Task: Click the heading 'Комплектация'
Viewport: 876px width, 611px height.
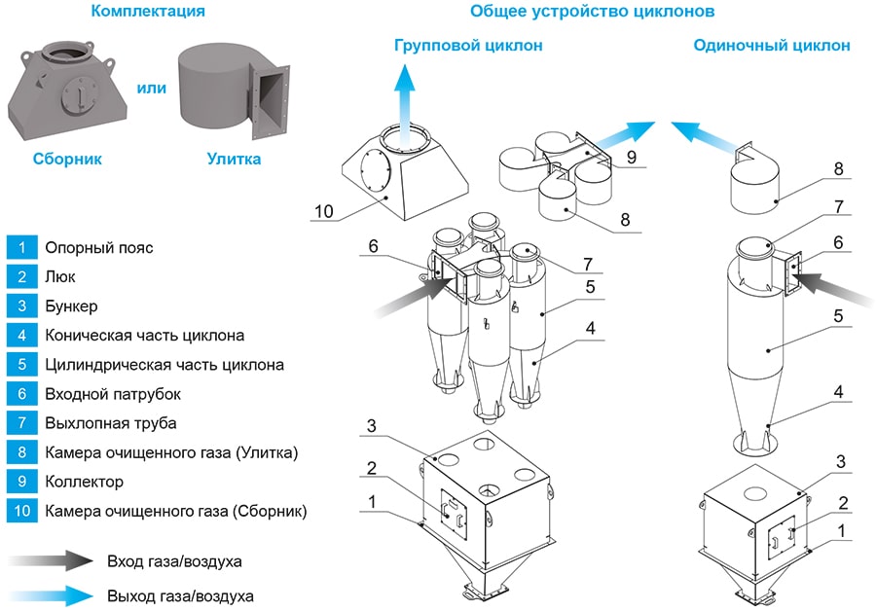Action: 147,12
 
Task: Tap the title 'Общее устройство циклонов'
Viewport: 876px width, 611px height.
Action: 593,12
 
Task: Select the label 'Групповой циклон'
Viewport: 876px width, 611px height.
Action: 468,46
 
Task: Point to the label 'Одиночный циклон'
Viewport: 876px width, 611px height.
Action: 771,46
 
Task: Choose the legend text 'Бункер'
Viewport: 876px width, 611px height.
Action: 71,306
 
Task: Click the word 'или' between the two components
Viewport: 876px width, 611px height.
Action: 151,88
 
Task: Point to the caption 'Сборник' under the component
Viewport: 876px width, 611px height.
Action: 67,158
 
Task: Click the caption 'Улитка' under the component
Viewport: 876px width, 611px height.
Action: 234,158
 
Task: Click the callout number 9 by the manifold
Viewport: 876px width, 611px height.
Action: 631,155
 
